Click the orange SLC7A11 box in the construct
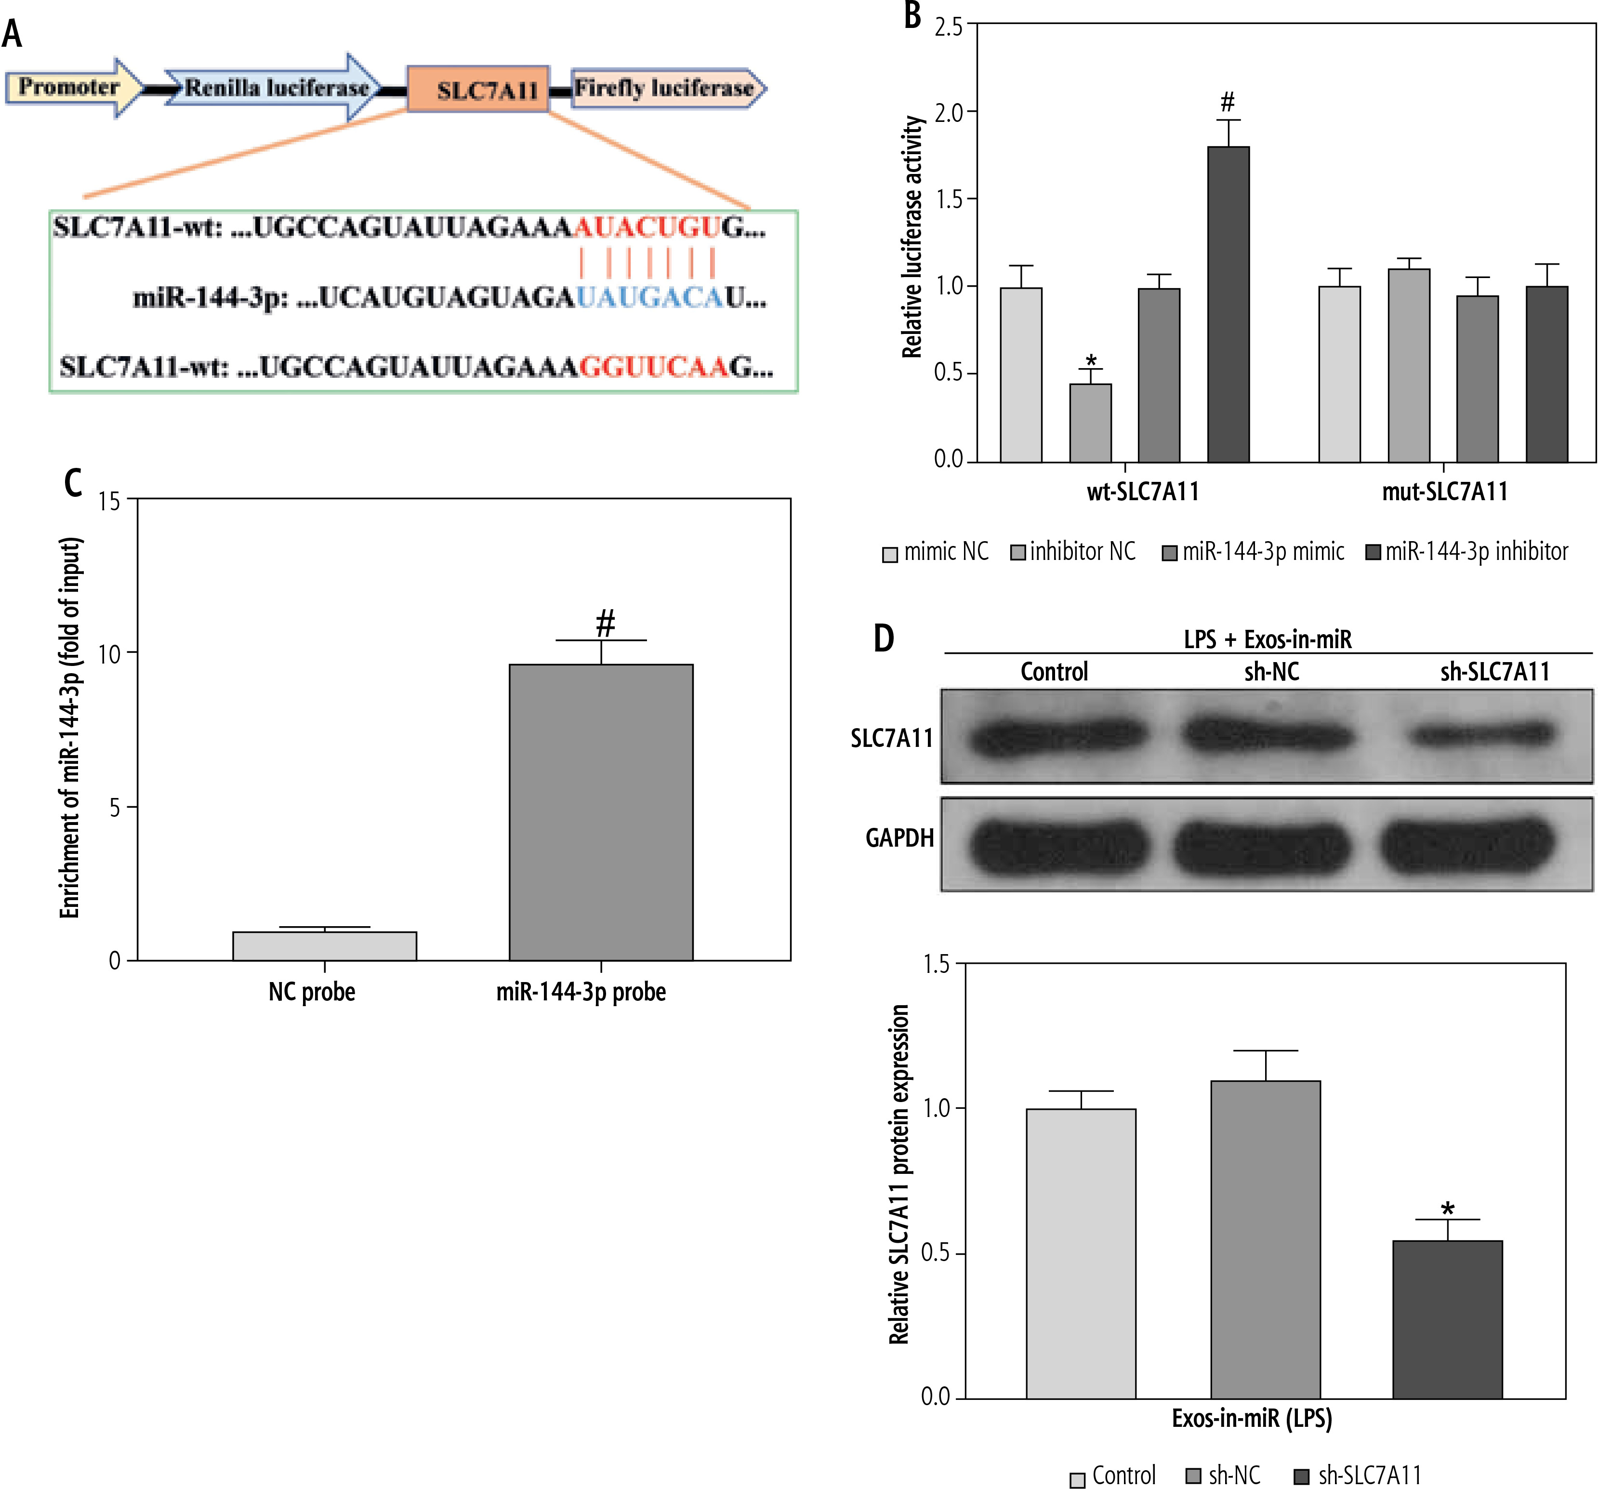[x=478, y=89]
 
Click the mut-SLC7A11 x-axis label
[x=1444, y=491]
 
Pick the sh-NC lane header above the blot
[x=1272, y=671]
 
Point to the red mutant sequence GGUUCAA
[x=653, y=367]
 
